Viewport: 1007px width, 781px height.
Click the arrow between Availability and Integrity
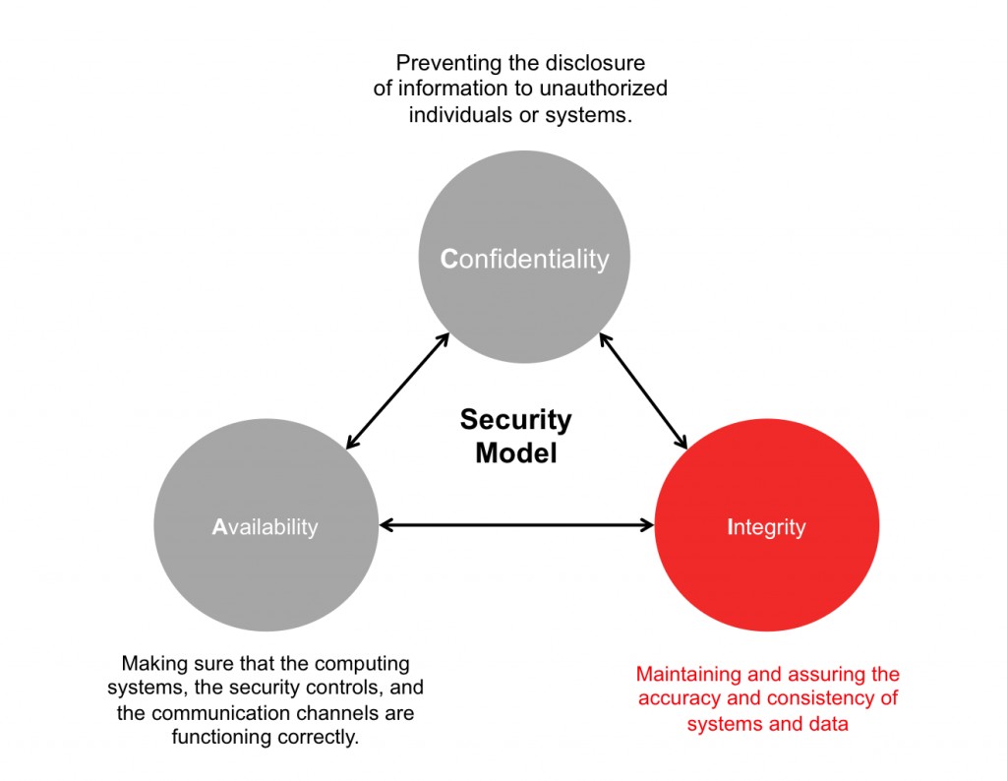516,525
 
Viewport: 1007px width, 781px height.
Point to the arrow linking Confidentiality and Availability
398,391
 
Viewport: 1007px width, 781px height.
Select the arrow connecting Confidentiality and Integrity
643,390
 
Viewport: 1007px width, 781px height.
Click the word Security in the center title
515,420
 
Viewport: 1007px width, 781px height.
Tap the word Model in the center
515,453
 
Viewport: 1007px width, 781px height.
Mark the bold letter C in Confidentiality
449,260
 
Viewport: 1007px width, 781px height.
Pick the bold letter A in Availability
219,527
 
